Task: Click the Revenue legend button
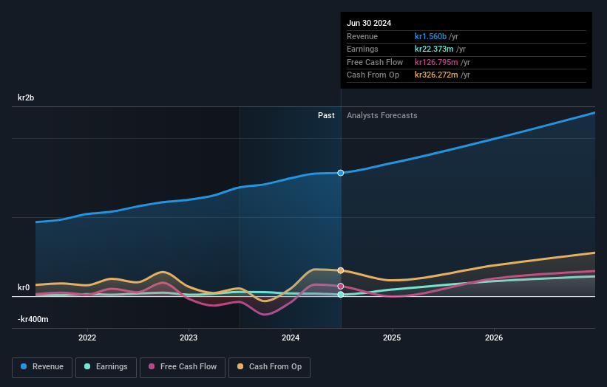coord(42,367)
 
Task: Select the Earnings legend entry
coord(106,367)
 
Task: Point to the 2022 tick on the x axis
coord(87,338)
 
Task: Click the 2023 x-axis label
coord(189,338)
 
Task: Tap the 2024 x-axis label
coord(291,338)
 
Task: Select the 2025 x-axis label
coord(392,338)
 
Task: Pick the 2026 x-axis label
coord(494,338)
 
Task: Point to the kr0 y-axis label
coord(24,287)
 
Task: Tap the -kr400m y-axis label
coord(33,319)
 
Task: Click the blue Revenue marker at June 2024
coord(341,173)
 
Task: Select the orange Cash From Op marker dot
coord(341,270)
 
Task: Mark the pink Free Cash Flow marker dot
coord(341,286)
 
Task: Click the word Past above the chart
coord(326,115)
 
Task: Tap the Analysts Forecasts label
coord(382,115)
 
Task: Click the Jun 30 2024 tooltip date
coord(369,23)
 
